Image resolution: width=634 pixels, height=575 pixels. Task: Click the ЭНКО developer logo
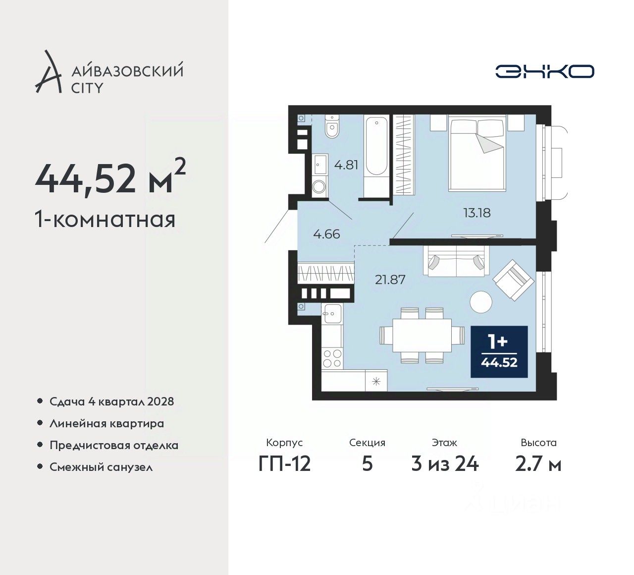point(544,71)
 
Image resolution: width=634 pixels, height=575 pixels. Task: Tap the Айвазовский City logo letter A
point(48,71)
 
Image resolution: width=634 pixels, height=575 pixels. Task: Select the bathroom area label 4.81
point(346,165)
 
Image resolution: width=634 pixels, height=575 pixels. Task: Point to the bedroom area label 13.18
point(477,213)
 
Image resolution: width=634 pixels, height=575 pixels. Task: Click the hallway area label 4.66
point(327,234)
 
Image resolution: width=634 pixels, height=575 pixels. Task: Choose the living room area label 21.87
point(390,280)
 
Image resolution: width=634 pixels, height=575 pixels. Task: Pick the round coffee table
point(481,302)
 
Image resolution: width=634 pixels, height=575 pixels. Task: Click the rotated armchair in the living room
point(514,280)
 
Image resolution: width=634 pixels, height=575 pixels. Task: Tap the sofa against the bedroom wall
point(456,261)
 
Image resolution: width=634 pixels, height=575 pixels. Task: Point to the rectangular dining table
point(422,335)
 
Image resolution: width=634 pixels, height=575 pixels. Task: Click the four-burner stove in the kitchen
point(332,358)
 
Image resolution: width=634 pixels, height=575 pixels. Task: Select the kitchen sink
point(332,313)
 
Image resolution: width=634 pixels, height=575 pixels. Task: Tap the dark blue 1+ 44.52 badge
point(499,351)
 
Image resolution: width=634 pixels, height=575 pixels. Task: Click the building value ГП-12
point(284,464)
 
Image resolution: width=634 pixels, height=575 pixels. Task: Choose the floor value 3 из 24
point(445,464)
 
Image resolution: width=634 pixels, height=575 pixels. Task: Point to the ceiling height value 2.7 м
point(538,464)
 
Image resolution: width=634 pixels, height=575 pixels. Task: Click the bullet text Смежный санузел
point(101,467)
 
